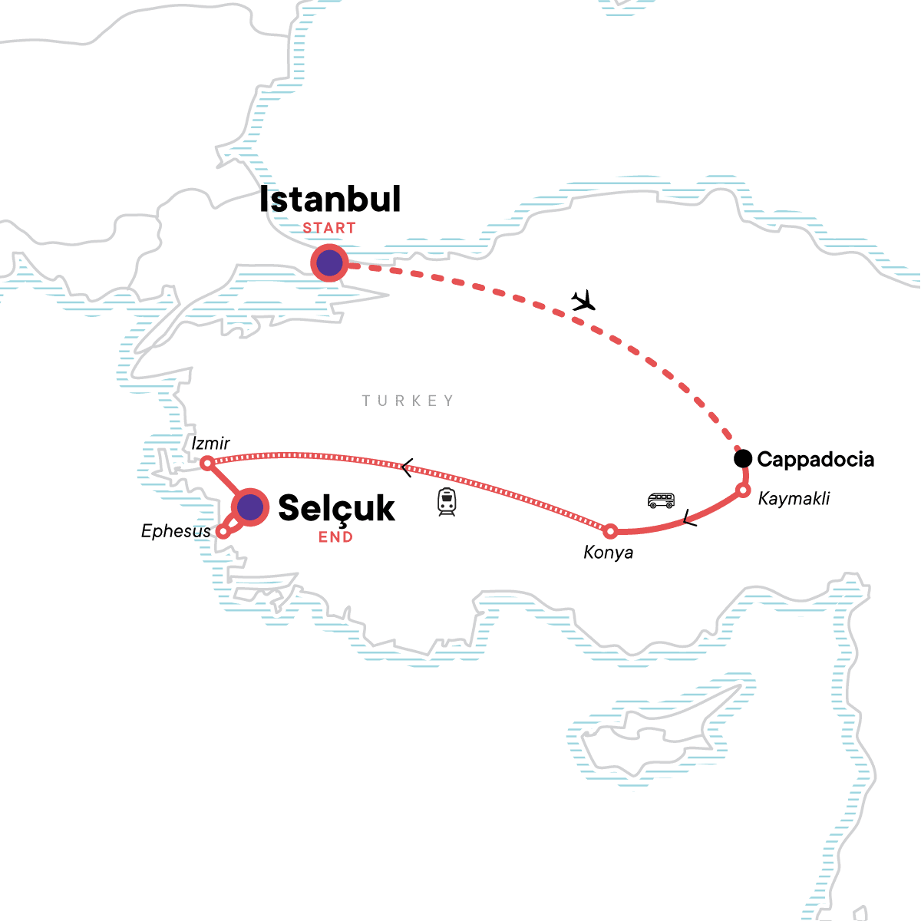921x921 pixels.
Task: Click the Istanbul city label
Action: tap(330, 200)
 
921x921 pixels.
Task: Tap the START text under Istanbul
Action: tap(329, 228)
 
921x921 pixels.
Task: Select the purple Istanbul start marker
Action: tap(329, 263)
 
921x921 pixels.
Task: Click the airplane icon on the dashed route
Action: tap(585, 300)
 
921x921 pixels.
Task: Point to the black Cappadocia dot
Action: tap(742, 459)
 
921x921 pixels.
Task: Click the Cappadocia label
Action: tap(815, 460)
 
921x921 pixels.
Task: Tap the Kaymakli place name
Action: tap(794, 499)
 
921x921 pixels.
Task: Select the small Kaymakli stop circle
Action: tap(742, 490)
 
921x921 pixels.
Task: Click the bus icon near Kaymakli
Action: tap(661, 501)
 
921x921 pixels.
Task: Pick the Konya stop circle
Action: tap(610, 531)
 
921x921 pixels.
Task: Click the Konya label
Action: tap(609, 553)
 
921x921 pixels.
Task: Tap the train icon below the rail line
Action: tap(447, 501)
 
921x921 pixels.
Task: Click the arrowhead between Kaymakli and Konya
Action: tap(688, 519)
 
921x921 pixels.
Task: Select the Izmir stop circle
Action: tap(206, 464)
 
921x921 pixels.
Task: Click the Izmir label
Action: tap(211, 444)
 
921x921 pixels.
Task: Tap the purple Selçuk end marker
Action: tap(250, 507)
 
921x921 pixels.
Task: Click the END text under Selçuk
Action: tap(336, 537)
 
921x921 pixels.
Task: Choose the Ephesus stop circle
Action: tap(223, 531)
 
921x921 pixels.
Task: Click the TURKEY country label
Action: tap(408, 401)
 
